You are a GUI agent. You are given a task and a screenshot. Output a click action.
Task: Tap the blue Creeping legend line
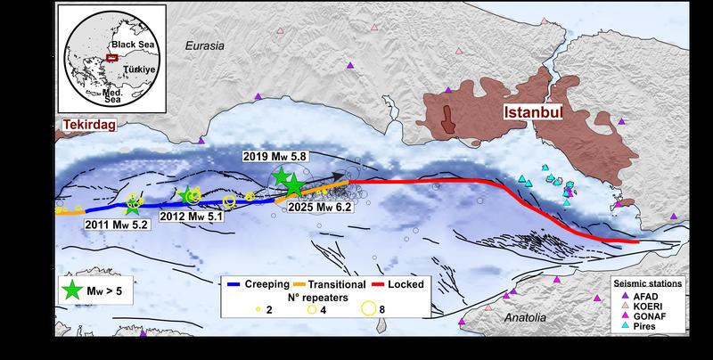click(238, 284)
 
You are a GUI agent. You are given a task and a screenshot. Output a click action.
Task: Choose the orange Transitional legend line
click(313, 284)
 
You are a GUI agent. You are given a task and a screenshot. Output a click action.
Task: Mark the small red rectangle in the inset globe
click(111, 58)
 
